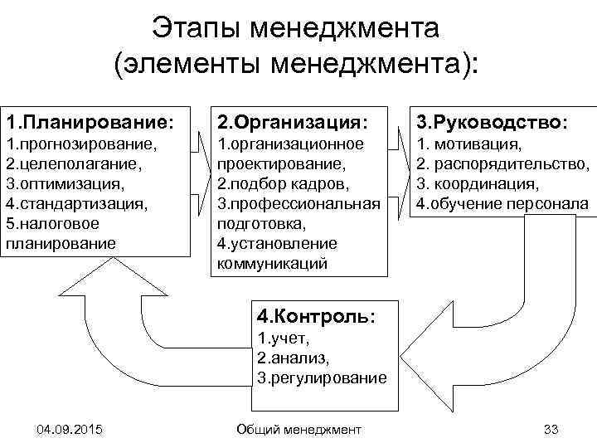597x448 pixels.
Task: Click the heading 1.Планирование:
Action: coord(90,122)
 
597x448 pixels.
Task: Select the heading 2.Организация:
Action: coord(290,122)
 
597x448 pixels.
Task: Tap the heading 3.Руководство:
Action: coord(492,122)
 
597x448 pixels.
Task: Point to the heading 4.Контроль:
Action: coord(315,316)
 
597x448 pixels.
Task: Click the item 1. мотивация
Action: coord(468,144)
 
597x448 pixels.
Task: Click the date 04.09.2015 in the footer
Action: coord(70,429)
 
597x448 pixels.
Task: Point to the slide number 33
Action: coord(550,429)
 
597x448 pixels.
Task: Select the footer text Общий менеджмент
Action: coord(298,429)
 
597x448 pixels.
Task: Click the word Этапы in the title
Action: coord(201,32)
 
